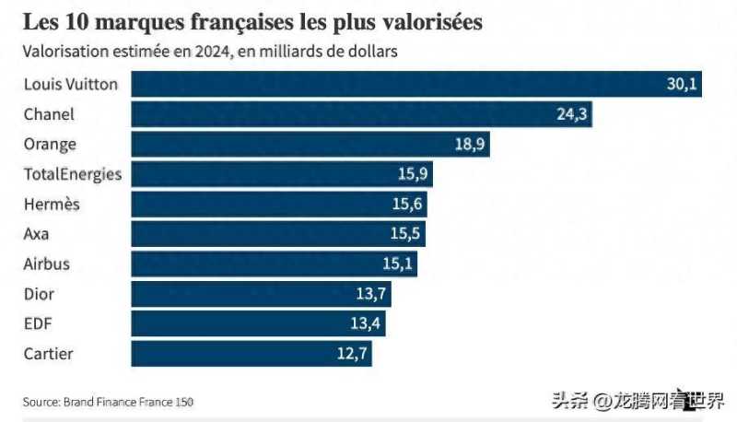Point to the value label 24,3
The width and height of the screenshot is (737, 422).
(x=573, y=115)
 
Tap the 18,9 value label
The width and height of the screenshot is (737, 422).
(x=471, y=145)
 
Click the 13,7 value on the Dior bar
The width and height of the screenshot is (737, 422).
(x=373, y=295)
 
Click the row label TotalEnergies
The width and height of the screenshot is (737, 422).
(x=72, y=174)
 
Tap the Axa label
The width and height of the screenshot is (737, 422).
(x=36, y=234)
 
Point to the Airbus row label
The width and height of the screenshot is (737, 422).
(x=46, y=264)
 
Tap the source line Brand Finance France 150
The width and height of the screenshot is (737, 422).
(x=108, y=402)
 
